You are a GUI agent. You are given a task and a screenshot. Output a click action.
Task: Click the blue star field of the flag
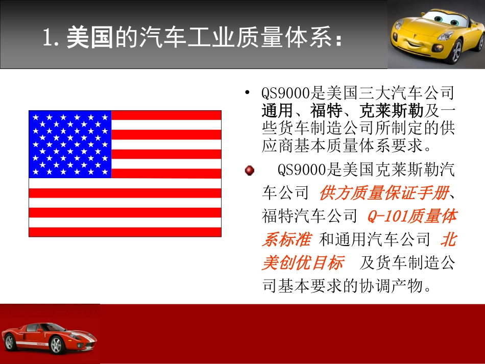tap(70, 144)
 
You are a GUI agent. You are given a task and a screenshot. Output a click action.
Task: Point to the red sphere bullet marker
tap(249, 171)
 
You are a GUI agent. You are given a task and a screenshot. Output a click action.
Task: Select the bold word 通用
tap(278, 111)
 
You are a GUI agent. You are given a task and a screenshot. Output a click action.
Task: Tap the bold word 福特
tap(326, 111)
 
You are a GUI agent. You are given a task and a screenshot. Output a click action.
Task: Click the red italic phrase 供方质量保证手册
tap(384, 193)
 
